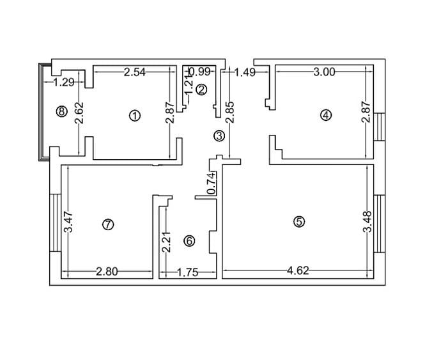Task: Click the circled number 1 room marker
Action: coord(134,115)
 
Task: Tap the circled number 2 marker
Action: coord(201,90)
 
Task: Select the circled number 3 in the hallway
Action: coord(219,136)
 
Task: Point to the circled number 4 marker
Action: coord(326,115)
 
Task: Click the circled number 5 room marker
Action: coord(299,221)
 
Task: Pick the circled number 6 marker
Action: coord(189,240)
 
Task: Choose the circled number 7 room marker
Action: coord(107,224)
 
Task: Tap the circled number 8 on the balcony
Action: coord(61,111)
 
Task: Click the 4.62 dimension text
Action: coord(298,270)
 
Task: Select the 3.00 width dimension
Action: coord(324,72)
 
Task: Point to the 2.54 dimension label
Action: coord(135,72)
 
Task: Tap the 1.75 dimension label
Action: coord(187,272)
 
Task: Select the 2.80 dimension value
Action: coord(107,272)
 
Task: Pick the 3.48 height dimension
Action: coord(367,222)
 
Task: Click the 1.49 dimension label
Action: coord(245,72)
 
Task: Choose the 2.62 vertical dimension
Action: coord(79,113)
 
